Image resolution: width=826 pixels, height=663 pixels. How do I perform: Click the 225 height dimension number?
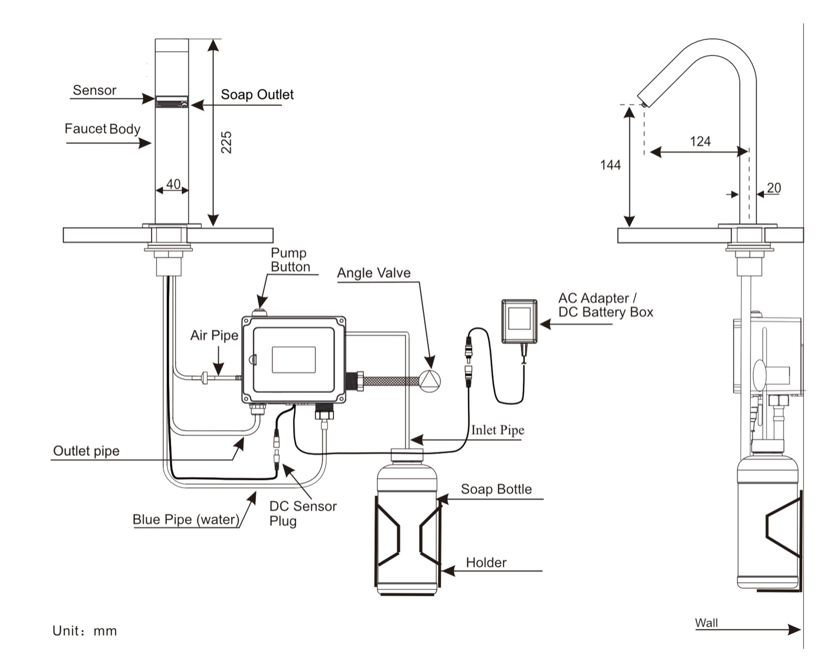[226, 142]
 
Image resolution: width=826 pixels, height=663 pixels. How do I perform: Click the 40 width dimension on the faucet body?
[173, 184]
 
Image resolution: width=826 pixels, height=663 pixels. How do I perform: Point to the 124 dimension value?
[700, 141]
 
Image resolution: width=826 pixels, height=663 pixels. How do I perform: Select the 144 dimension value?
[610, 165]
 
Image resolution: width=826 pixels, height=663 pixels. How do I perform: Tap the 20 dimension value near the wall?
[774, 188]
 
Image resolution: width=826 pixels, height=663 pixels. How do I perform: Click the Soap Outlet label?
[257, 95]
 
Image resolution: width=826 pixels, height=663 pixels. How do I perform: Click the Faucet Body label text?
[102, 129]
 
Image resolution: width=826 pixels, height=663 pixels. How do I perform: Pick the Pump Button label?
[290, 260]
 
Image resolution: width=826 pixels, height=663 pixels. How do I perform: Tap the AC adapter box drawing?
[519, 321]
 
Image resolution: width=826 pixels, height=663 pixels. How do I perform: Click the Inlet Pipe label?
[497, 430]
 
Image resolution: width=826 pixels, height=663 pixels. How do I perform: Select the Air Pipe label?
[214, 336]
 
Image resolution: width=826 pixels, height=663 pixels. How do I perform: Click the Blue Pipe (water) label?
[186, 519]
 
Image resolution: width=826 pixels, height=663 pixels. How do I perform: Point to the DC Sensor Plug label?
[302, 513]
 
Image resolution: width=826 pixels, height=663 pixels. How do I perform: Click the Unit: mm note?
[84, 631]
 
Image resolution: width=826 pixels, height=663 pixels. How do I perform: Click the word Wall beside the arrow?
[706, 623]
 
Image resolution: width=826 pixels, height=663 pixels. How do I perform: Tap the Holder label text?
[486, 562]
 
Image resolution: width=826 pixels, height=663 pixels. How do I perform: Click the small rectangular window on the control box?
[293, 360]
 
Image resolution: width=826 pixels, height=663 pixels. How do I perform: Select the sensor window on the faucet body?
[172, 102]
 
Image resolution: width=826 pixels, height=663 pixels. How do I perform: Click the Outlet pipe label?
[86, 451]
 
